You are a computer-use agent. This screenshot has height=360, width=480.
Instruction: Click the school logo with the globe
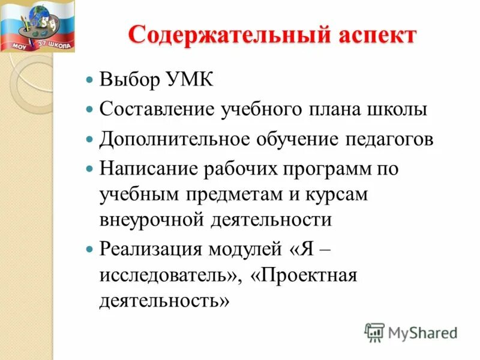(37, 25)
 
